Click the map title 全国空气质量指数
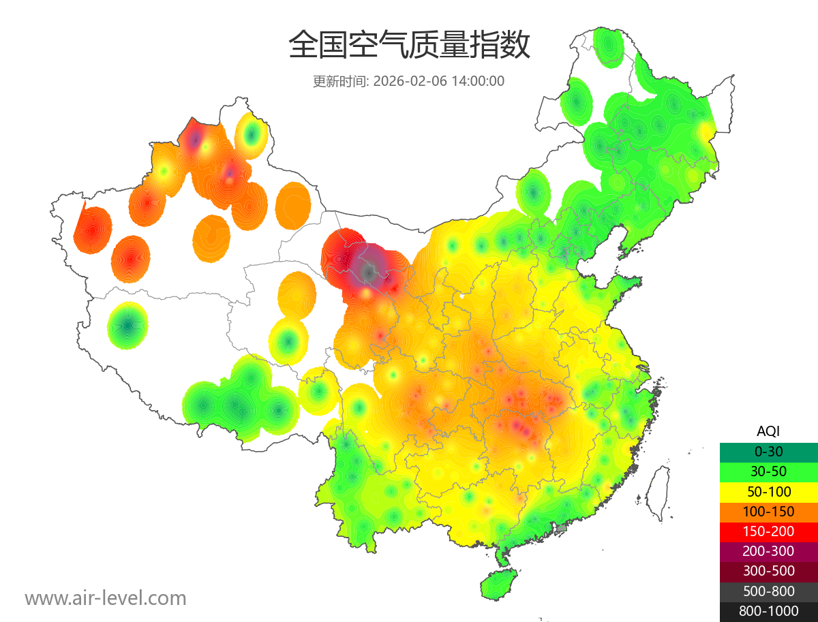pyautogui.click(x=409, y=46)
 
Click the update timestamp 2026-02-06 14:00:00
pyautogui.click(x=439, y=81)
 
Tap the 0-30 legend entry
pyautogui.click(x=768, y=452)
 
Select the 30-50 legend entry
pyautogui.click(x=768, y=471)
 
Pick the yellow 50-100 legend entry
pyautogui.click(x=768, y=491)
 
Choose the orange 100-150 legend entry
pyautogui.click(x=768, y=511)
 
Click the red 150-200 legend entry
pyautogui.click(x=768, y=531)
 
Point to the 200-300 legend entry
pyautogui.click(x=768, y=550)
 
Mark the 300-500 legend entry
pyautogui.click(x=768, y=571)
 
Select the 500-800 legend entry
pyautogui.click(x=768, y=591)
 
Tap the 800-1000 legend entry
pyautogui.click(x=768, y=611)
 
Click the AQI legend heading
pyautogui.click(x=768, y=431)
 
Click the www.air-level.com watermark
pyautogui.click(x=106, y=598)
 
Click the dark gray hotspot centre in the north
pyautogui.click(x=369, y=272)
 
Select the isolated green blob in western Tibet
pyautogui.click(x=127, y=325)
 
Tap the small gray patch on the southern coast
pyautogui.click(x=562, y=527)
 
